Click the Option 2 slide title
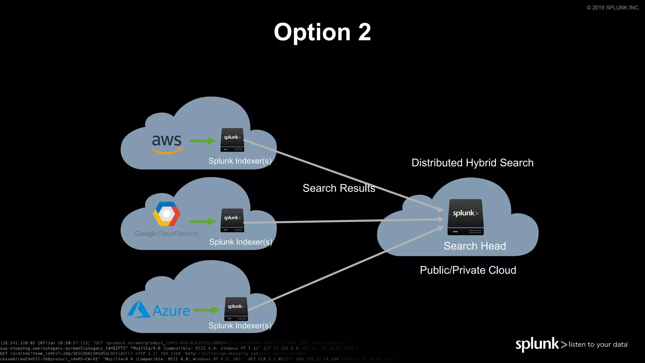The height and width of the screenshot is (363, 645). tap(322, 32)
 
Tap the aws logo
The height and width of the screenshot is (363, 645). tap(167, 143)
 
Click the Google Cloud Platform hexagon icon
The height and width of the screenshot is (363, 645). tap(167, 214)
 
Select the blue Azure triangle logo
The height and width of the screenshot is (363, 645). tap(138, 309)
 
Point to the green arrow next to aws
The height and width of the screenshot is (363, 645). tap(203, 141)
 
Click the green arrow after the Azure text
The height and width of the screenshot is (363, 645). tap(207, 310)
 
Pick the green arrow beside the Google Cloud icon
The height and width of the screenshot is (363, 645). tap(203, 222)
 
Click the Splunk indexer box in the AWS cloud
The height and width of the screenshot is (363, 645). tap(232, 140)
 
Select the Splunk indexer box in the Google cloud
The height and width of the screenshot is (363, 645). tap(232, 220)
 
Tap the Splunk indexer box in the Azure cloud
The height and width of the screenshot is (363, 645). tap(236, 309)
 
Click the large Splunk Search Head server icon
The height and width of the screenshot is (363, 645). tap(465, 217)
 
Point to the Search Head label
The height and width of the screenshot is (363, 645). tap(475, 246)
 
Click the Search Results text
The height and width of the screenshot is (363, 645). tap(339, 188)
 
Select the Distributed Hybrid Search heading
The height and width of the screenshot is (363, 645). tap(472, 163)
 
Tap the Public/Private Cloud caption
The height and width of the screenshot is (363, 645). tap(468, 270)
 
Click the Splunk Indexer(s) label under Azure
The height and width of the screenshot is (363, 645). tap(240, 326)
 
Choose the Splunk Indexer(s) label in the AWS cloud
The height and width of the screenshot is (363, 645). tap(240, 161)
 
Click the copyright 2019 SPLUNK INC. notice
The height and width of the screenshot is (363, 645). tap(613, 8)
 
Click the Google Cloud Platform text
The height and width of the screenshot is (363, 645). tap(167, 234)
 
